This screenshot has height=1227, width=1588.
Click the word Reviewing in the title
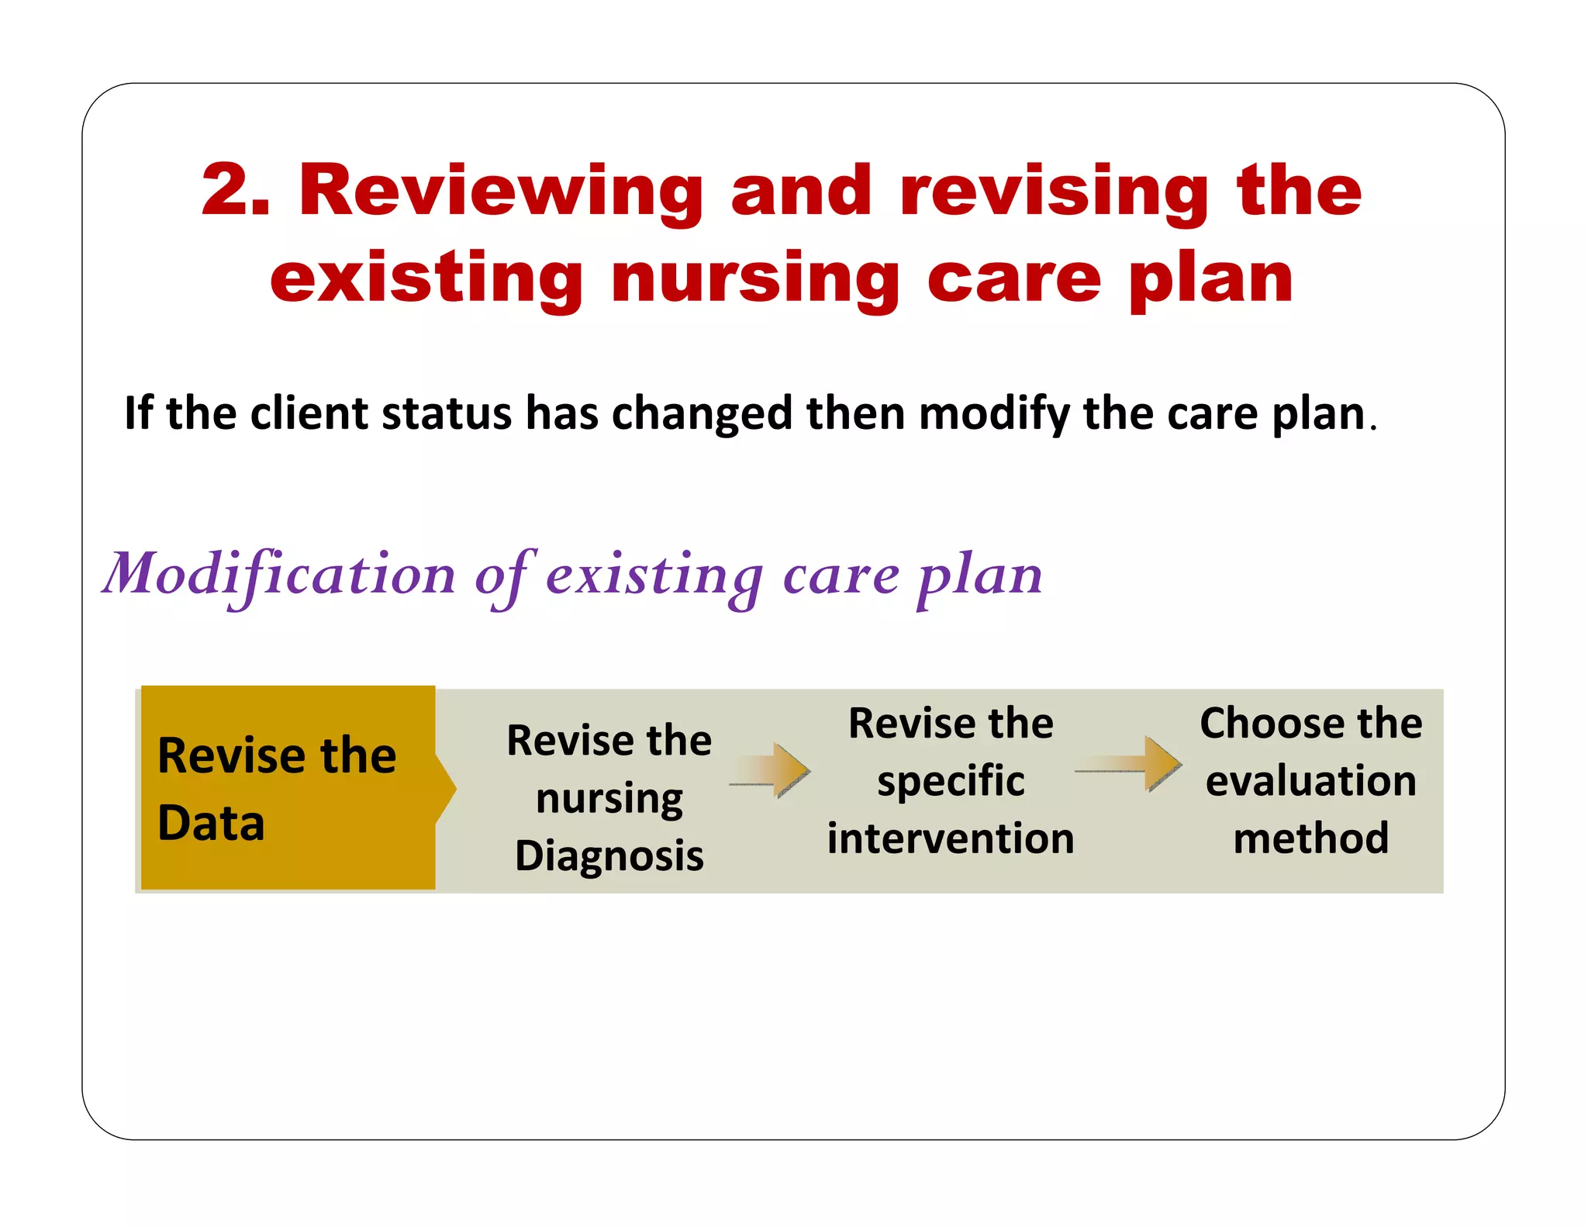pos(501,192)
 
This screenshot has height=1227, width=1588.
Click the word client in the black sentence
pos(308,413)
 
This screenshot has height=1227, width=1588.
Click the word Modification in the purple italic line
pos(279,575)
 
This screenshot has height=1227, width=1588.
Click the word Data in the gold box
pos(211,823)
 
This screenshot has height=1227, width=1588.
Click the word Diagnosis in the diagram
pos(609,856)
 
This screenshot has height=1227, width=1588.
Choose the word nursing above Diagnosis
pos(609,799)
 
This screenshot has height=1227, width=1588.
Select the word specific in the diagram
pos(951,781)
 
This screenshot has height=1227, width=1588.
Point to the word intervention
pos(951,838)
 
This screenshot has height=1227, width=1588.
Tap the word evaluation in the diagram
pos(1310,781)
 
